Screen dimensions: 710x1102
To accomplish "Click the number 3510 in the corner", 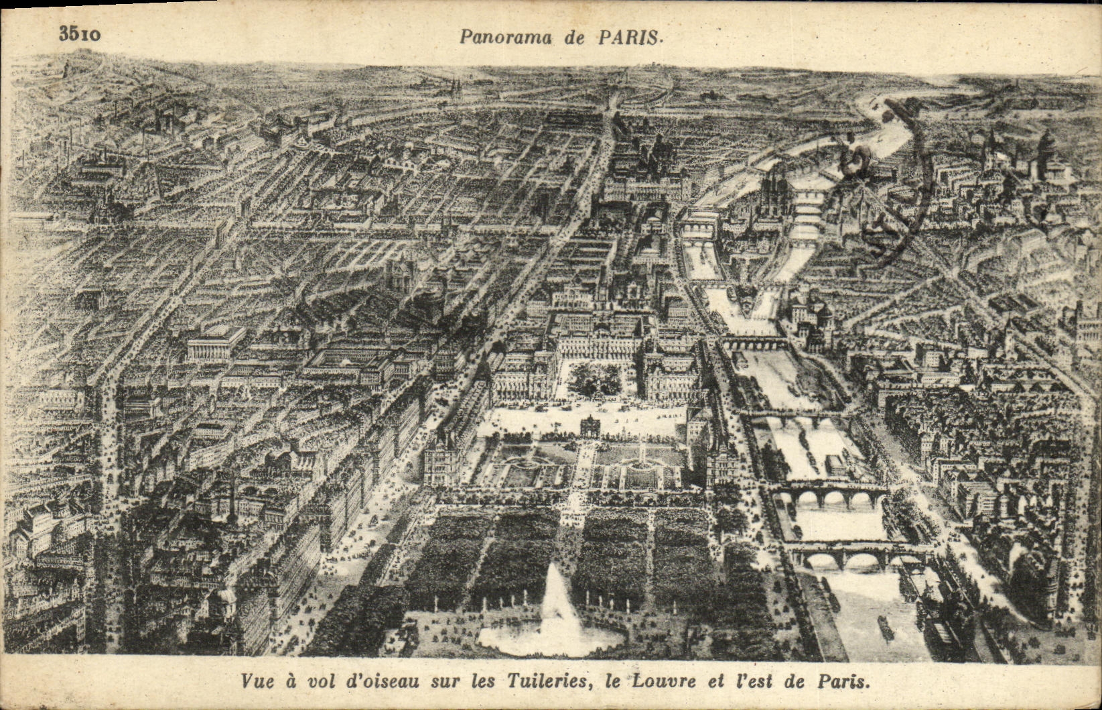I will (80, 34).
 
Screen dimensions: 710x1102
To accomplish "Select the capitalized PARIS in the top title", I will (627, 37).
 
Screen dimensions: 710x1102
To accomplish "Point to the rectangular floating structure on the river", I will (833, 463).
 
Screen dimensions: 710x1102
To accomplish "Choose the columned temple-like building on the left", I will (216, 343).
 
